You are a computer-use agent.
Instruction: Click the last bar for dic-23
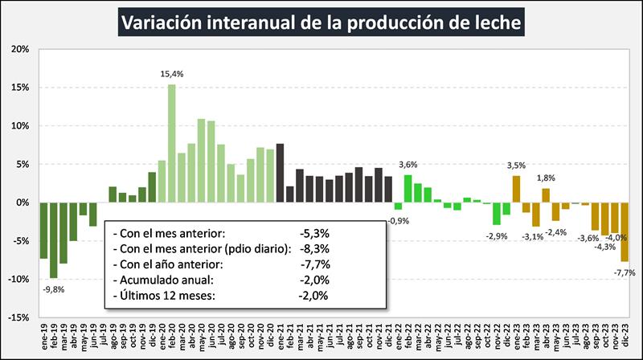624,231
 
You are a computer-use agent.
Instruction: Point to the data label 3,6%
408,165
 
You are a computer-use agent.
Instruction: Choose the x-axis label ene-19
45,332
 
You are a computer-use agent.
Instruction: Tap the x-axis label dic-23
625,332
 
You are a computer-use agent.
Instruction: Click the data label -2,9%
496,235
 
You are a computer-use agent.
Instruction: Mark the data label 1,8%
546,178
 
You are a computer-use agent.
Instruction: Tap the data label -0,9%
397,220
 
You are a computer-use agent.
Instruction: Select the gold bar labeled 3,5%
516,189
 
